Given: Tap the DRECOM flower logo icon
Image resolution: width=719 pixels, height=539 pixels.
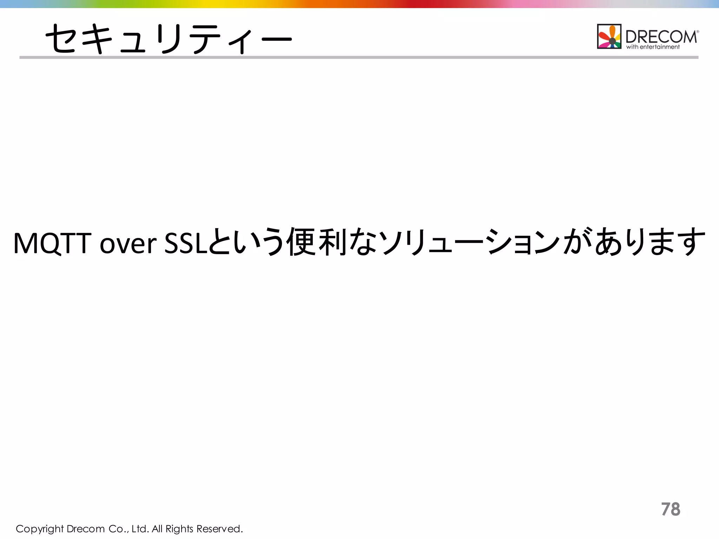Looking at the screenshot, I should pos(609,36).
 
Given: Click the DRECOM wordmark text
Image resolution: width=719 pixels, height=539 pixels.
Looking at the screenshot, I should pos(661,36).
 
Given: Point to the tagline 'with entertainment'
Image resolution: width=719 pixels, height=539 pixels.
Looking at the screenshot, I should pos(653,47).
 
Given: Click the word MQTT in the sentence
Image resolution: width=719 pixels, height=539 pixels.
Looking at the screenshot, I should pos(53,243).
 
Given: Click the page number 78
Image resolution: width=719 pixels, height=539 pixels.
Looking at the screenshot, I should pos(671,509).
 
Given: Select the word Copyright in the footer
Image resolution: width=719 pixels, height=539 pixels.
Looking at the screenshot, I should pos(40,529).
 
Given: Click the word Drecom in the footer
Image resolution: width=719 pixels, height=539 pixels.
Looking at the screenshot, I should pos(86,529).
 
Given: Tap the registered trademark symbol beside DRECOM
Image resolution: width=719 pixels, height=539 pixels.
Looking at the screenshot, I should pos(697,32).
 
